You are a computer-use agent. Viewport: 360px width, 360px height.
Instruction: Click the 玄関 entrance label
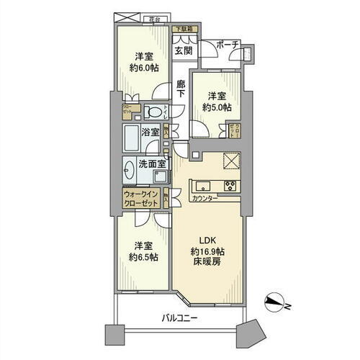pyautogui.click(x=183, y=50)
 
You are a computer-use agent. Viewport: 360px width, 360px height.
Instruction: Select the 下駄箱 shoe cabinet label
pyautogui.click(x=183, y=30)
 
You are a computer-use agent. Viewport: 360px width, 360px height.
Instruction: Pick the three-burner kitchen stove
pyautogui.click(x=232, y=185)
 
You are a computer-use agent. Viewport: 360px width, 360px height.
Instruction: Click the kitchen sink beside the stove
pyautogui.click(x=202, y=184)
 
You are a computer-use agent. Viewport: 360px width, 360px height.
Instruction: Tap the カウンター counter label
pyautogui.click(x=205, y=197)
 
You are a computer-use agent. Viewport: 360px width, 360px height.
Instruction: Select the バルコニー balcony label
pyautogui.click(x=175, y=318)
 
